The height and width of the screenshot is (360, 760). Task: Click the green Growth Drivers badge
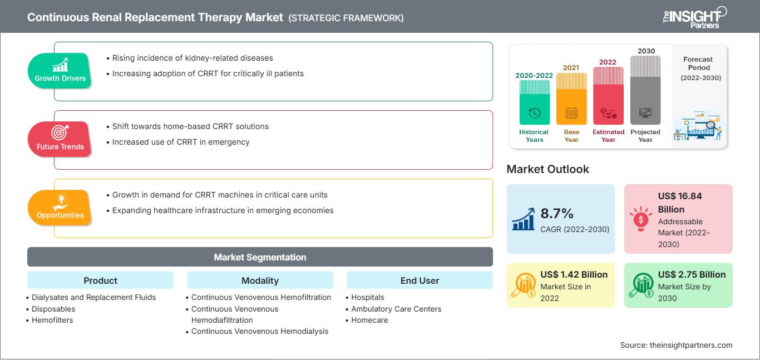point(60,71)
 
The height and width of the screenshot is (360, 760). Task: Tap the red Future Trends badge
point(60,139)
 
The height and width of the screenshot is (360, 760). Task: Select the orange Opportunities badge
point(60,208)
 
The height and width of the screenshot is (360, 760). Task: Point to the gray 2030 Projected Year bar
point(645,90)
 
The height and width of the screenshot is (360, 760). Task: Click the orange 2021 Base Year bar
point(571,98)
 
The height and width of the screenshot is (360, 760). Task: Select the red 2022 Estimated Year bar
point(608,96)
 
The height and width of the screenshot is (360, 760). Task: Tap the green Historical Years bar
point(534,102)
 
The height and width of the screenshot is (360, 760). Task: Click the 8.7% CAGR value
point(557,214)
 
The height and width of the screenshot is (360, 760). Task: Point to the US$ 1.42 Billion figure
point(574,274)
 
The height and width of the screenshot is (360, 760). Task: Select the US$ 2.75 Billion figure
point(692,274)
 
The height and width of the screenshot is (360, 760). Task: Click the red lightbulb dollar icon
point(640,219)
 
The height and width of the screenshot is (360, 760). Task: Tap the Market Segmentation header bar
point(260,257)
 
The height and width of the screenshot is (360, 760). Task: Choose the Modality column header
point(260,280)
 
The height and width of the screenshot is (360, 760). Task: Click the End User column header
point(420,280)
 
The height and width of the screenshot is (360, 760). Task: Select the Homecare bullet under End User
point(367,320)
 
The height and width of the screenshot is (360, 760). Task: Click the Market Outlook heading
point(547,169)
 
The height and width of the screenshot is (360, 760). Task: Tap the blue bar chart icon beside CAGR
point(524,219)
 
